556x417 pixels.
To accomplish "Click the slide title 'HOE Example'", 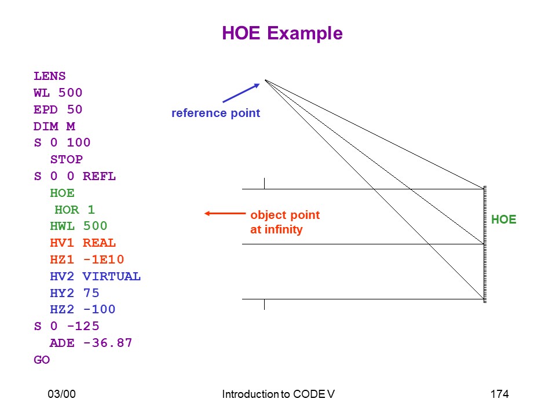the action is [x=282, y=34].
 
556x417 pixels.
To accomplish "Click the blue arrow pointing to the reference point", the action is [x=241, y=93].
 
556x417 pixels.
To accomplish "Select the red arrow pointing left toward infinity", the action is [x=225, y=214].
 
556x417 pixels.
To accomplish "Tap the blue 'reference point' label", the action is [x=215, y=113].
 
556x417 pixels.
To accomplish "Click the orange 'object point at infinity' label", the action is [x=285, y=222].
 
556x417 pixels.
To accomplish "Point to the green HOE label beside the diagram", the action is [x=503, y=220].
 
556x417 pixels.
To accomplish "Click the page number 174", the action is [x=499, y=394].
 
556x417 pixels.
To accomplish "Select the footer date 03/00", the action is [x=62, y=394].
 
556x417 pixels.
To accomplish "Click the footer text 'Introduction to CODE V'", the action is [x=279, y=394].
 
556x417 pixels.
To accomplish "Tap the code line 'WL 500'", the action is [x=58, y=93].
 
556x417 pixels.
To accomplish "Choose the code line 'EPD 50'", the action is [x=58, y=109].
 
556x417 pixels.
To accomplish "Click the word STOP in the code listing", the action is [x=66, y=160].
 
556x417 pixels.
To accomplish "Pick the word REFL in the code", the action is [x=99, y=176].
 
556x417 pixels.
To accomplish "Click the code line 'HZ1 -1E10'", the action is [x=87, y=259].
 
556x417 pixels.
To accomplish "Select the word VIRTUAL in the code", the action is [x=112, y=276].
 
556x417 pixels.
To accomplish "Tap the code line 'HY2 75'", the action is [x=75, y=293].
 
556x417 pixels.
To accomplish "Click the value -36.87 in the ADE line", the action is [x=108, y=343].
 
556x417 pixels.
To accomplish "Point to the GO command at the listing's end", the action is [x=42, y=360].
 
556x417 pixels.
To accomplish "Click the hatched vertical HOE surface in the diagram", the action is [x=485, y=244].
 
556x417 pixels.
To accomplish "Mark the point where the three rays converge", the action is [x=265, y=80].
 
